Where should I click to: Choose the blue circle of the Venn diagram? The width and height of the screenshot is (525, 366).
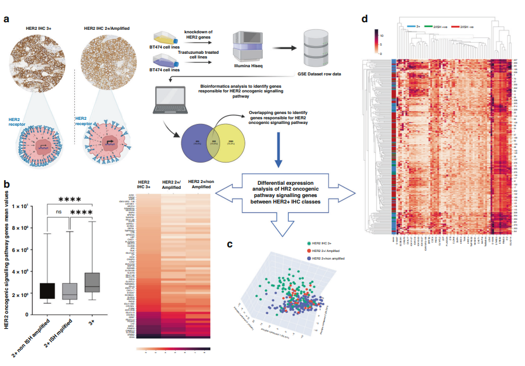click(196, 143)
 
